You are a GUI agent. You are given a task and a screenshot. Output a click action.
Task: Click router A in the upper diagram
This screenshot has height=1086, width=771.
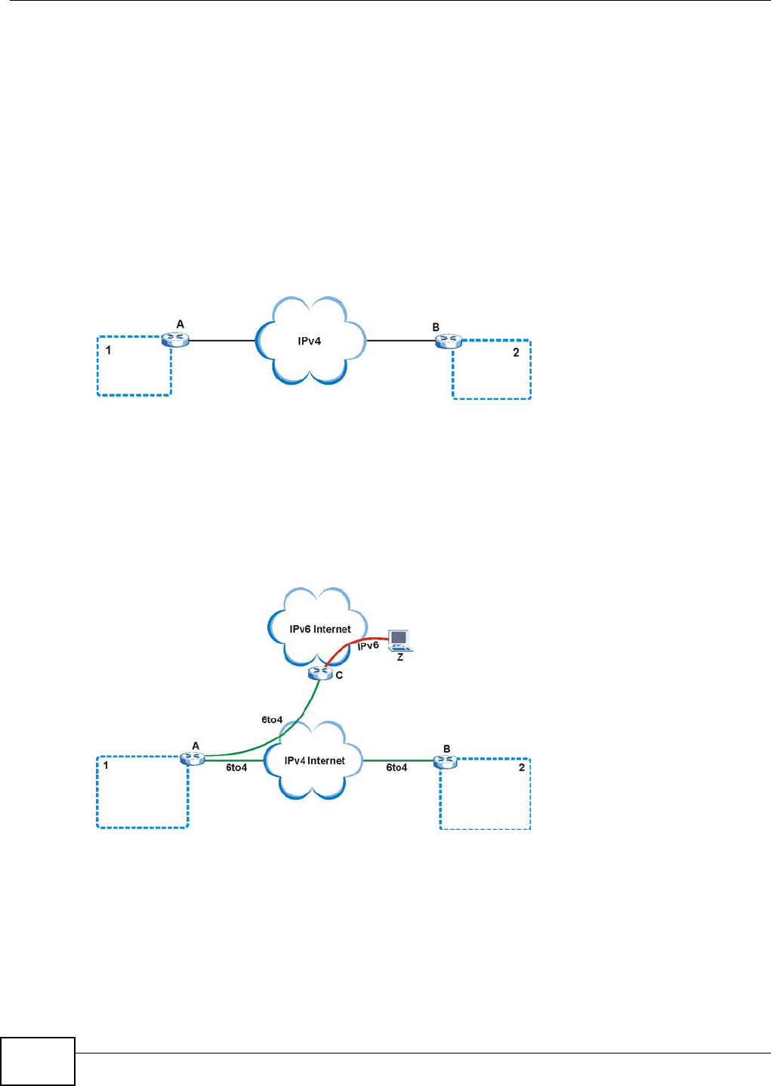coord(175,341)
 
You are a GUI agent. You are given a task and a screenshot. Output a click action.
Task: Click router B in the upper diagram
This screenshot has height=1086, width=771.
coord(447,342)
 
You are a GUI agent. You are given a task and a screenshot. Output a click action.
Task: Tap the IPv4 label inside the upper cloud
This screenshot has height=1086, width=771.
coord(309,341)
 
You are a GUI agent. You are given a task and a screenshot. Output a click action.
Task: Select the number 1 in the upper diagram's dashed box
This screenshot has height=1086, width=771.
coord(108,351)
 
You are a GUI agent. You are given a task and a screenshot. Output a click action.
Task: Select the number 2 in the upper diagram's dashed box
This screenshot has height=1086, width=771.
coord(516,353)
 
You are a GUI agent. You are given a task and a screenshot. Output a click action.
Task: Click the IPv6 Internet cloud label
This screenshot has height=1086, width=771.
coord(320,629)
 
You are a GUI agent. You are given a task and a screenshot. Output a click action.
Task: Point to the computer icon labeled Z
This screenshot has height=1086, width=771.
coord(399,640)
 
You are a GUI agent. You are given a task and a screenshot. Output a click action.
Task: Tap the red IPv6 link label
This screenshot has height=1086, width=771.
coord(368,646)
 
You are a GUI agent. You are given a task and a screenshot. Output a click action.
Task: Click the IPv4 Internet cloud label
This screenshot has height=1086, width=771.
coord(315,761)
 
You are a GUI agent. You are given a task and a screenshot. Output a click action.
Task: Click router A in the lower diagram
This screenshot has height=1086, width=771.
coord(193,759)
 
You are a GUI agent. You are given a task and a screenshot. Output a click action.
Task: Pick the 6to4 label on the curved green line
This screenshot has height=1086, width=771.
coord(272,720)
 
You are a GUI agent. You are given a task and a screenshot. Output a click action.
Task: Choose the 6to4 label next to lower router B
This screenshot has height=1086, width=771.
coord(396,768)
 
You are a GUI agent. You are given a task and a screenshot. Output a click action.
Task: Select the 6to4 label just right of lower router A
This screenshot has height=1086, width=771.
coord(236,768)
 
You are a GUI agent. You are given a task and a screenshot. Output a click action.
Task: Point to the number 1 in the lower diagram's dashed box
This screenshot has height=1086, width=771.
coord(106,766)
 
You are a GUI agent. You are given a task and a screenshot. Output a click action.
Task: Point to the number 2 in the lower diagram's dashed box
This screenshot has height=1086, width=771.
coord(521,768)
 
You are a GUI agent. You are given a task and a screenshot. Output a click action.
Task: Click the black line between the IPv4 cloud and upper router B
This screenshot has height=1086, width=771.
coord(400,341)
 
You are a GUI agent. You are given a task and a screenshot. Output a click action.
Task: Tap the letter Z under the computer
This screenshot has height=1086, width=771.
coord(400,657)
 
